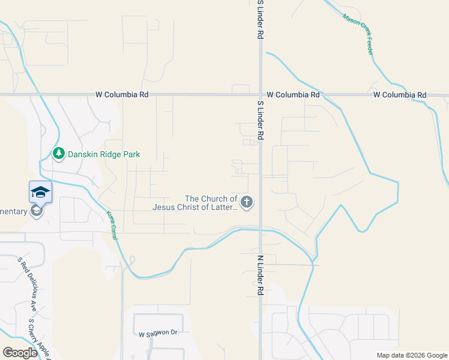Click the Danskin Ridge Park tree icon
pos(59,154)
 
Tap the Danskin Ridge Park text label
pos(103,154)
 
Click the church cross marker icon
pos(247,202)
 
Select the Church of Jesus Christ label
pos(195,203)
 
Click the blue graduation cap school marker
pos(40,192)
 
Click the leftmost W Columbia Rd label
pos(122,95)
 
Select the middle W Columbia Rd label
pos(293,95)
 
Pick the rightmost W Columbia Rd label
pos(399,95)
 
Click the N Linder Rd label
pos(261,275)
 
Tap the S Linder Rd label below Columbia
pos(261,121)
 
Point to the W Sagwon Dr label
pos(158,333)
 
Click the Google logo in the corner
pos(19,353)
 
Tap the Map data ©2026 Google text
pos(411,355)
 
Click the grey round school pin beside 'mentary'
pos(37,211)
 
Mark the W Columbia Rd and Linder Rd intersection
pos(261,95)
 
